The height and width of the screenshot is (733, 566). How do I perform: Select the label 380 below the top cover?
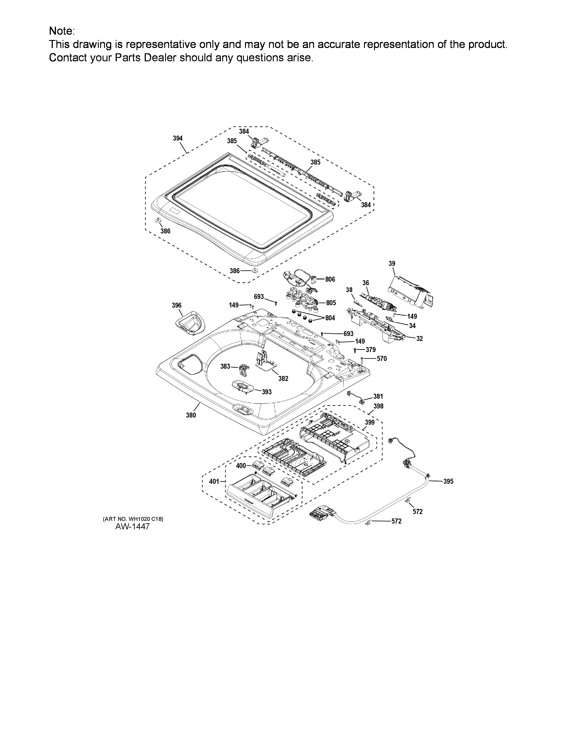[x=191, y=415]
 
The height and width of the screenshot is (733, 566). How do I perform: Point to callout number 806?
[x=330, y=279]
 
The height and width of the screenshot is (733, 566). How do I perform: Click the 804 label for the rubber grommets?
[x=330, y=318]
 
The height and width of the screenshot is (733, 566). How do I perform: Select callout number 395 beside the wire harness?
[x=448, y=481]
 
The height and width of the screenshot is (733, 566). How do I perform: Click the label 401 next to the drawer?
[x=214, y=481]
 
